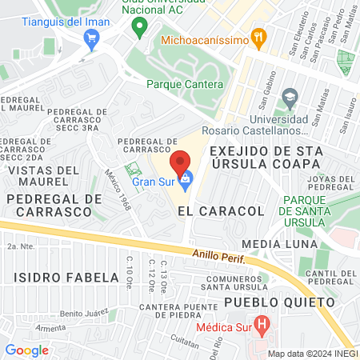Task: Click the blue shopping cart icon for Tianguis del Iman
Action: (92, 37)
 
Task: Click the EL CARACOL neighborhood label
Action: (210, 210)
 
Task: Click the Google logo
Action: (26, 350)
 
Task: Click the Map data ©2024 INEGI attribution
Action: (311, 354)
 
